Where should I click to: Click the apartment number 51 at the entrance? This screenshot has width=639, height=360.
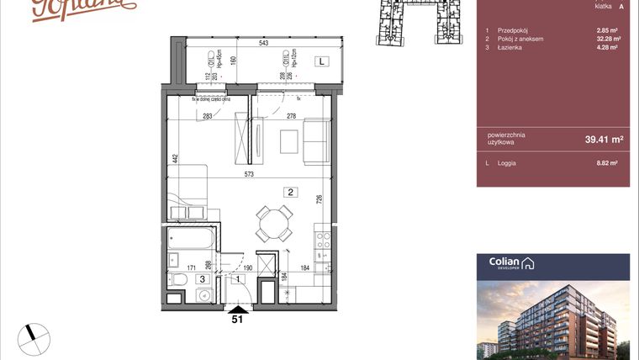tap(238, 320)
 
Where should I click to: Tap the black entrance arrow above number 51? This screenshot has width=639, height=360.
tap(238, 309)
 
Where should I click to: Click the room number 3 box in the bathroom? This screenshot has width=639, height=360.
tap(202, 278)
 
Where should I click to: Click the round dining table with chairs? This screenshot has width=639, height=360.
tap(275, 222)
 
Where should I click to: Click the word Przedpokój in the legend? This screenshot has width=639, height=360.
tap(512, 30)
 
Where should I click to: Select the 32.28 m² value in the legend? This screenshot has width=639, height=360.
tap(607, 39)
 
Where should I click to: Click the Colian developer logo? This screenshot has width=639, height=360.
tap(509, 263)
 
